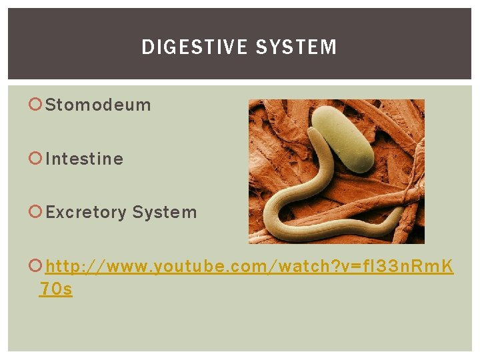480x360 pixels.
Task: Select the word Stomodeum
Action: [x=98, y=105]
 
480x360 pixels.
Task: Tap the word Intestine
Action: [x=85, y=159]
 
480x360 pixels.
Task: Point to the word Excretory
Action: [x=86, y=213]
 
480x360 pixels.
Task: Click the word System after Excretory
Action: [x=165, y=213]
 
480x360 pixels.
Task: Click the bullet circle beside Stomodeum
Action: [x=37, y=105]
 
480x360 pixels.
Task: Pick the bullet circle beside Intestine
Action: [x=37, y=159]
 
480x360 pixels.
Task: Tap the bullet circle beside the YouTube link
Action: [x=37, y=267]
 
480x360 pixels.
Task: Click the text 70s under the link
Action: [x=56, y=289]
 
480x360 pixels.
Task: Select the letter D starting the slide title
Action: [x=147, y=47]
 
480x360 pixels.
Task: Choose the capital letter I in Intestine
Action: [x=49, y=159]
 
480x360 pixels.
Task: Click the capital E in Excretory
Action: [x=51, y=213]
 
